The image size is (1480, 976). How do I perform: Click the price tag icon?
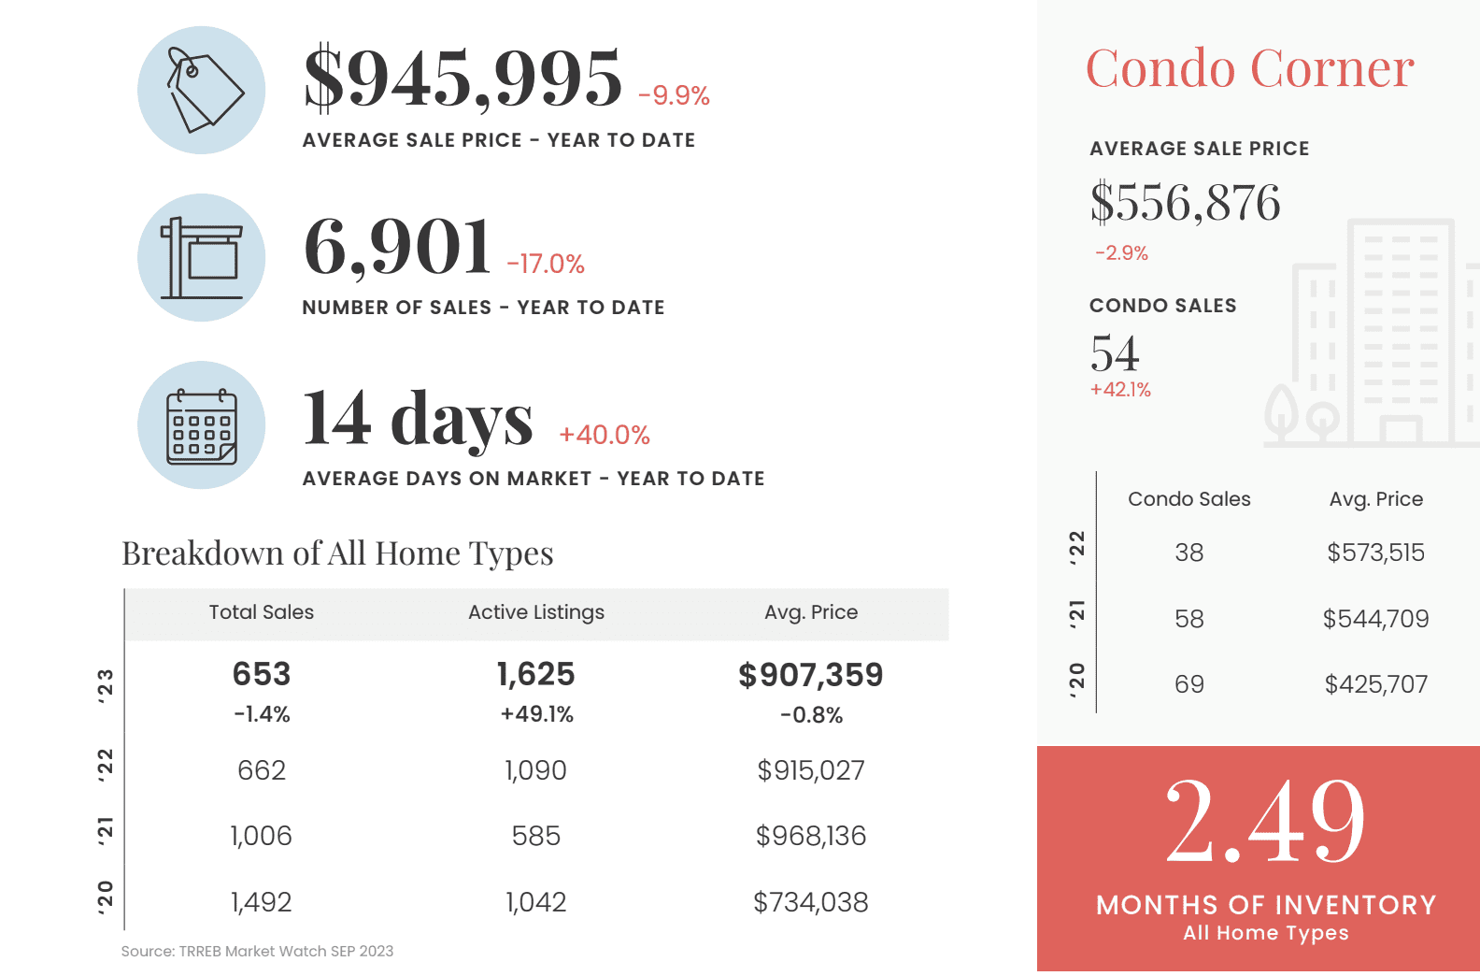click(x=202, y=91)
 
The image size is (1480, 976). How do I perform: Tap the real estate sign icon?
click(x=202, y=258)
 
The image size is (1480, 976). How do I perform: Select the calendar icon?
click(x=202, y=425)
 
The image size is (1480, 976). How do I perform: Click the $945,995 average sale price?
click(x=462, y=78)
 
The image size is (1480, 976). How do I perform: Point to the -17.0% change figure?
click(x=546, y=265)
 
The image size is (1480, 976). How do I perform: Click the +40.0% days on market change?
click(x=604, y=435)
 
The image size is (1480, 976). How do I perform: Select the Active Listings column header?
click(x=536, y=612)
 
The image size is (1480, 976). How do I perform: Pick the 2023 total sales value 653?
click(x=262, y=674)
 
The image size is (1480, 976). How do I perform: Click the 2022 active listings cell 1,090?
click(x=536, y=770)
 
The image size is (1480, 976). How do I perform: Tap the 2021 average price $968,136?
click(x=811, y=836)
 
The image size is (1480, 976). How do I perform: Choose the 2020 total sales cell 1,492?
click(x=262, y=902)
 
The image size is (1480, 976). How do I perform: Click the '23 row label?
click(x=106, y=685)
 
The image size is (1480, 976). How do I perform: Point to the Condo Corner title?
click(x=1249, y=68)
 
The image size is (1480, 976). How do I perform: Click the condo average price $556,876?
click(x=1185, y=203)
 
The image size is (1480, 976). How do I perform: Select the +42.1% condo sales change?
click(x=1120, y=390)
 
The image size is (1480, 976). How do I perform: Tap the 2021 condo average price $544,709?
click(x=1375, y=619)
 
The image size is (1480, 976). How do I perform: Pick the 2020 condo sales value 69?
click(x=1189, y=684)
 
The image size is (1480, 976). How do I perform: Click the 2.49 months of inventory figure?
click(x=1265, y=822)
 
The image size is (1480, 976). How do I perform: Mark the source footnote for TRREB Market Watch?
click(x=257, y=952)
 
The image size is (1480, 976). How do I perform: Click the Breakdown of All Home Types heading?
click(x=337, y=553)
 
